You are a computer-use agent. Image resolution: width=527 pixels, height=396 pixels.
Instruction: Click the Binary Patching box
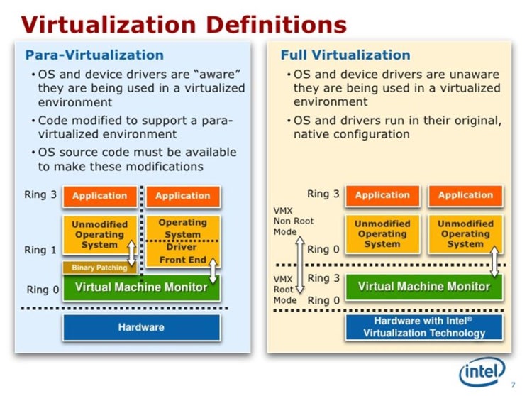99,268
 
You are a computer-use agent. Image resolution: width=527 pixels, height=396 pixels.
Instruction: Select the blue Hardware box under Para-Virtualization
141,327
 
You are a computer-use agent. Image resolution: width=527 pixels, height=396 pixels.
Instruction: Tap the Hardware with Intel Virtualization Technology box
424,327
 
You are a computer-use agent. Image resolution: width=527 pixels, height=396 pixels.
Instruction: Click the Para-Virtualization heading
94,55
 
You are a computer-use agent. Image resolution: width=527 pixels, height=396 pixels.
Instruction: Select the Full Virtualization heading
345,55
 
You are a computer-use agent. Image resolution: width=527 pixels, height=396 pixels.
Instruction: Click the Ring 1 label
40,250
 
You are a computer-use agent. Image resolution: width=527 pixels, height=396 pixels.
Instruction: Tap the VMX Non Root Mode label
293,221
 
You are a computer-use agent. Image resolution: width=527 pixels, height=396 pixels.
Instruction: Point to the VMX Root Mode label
285,290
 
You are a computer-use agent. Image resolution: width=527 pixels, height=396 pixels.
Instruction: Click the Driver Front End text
182,253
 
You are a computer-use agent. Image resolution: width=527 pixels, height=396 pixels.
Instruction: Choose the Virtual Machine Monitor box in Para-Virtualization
141,287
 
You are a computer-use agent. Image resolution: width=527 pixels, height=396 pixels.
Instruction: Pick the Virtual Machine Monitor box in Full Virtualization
424,287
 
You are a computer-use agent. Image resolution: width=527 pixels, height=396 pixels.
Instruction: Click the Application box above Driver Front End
183,196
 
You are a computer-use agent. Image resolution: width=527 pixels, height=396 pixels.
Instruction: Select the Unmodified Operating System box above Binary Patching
99,235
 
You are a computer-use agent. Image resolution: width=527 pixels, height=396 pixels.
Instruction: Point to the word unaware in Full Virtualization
473,74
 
